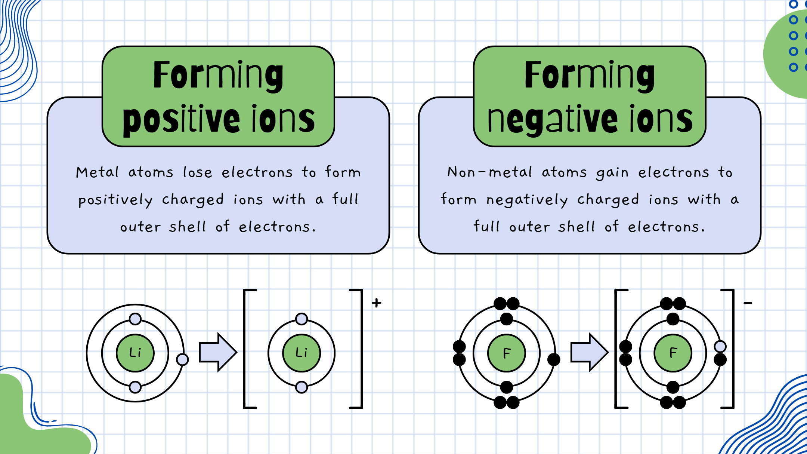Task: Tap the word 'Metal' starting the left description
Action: tap(97, 172)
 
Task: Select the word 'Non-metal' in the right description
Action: tap(489, 172)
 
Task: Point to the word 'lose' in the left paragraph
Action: tap(197, 172)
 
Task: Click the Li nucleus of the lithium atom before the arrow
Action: tap(135, 353)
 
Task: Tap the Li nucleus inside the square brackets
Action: tap(302, 353)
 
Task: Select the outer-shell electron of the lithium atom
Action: tap(182, 359)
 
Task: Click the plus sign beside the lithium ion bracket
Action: tap(377, 303)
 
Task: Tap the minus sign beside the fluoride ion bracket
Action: tap(748, 303)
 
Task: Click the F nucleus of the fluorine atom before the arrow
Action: tap(507, 353)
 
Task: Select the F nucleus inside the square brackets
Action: tap(673, 353)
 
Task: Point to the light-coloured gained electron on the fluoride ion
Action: tap(720, 347)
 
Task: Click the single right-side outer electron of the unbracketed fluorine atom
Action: tap(554, 360)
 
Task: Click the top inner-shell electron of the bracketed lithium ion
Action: tap(302, 319)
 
